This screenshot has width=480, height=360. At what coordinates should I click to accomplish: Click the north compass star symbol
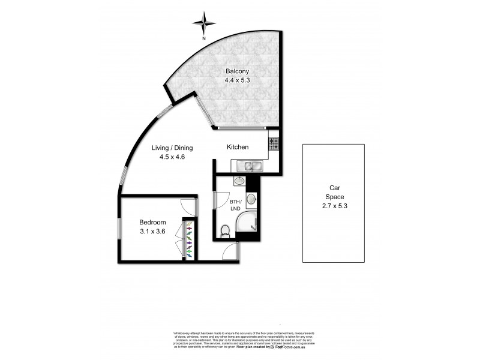(203, 24)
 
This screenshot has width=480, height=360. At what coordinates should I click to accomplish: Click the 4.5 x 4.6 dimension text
(172, 157)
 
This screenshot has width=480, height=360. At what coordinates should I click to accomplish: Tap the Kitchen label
(238, 147)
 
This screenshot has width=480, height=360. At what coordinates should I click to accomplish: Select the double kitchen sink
(248, 166)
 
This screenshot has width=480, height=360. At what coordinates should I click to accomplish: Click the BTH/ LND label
(235, 205)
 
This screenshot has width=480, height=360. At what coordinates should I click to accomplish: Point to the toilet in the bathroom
(226, 229)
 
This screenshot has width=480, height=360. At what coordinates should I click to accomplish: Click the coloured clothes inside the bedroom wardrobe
(190, 240)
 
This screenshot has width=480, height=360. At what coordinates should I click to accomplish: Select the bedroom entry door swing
(189, 207)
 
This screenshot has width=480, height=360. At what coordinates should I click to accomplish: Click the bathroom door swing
(221, 199)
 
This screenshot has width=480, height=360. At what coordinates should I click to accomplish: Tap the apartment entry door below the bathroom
(230, 252)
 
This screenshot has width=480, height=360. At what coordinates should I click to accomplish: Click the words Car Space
(333, 191)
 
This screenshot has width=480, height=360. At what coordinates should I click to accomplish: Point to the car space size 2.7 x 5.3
(333, 205)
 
